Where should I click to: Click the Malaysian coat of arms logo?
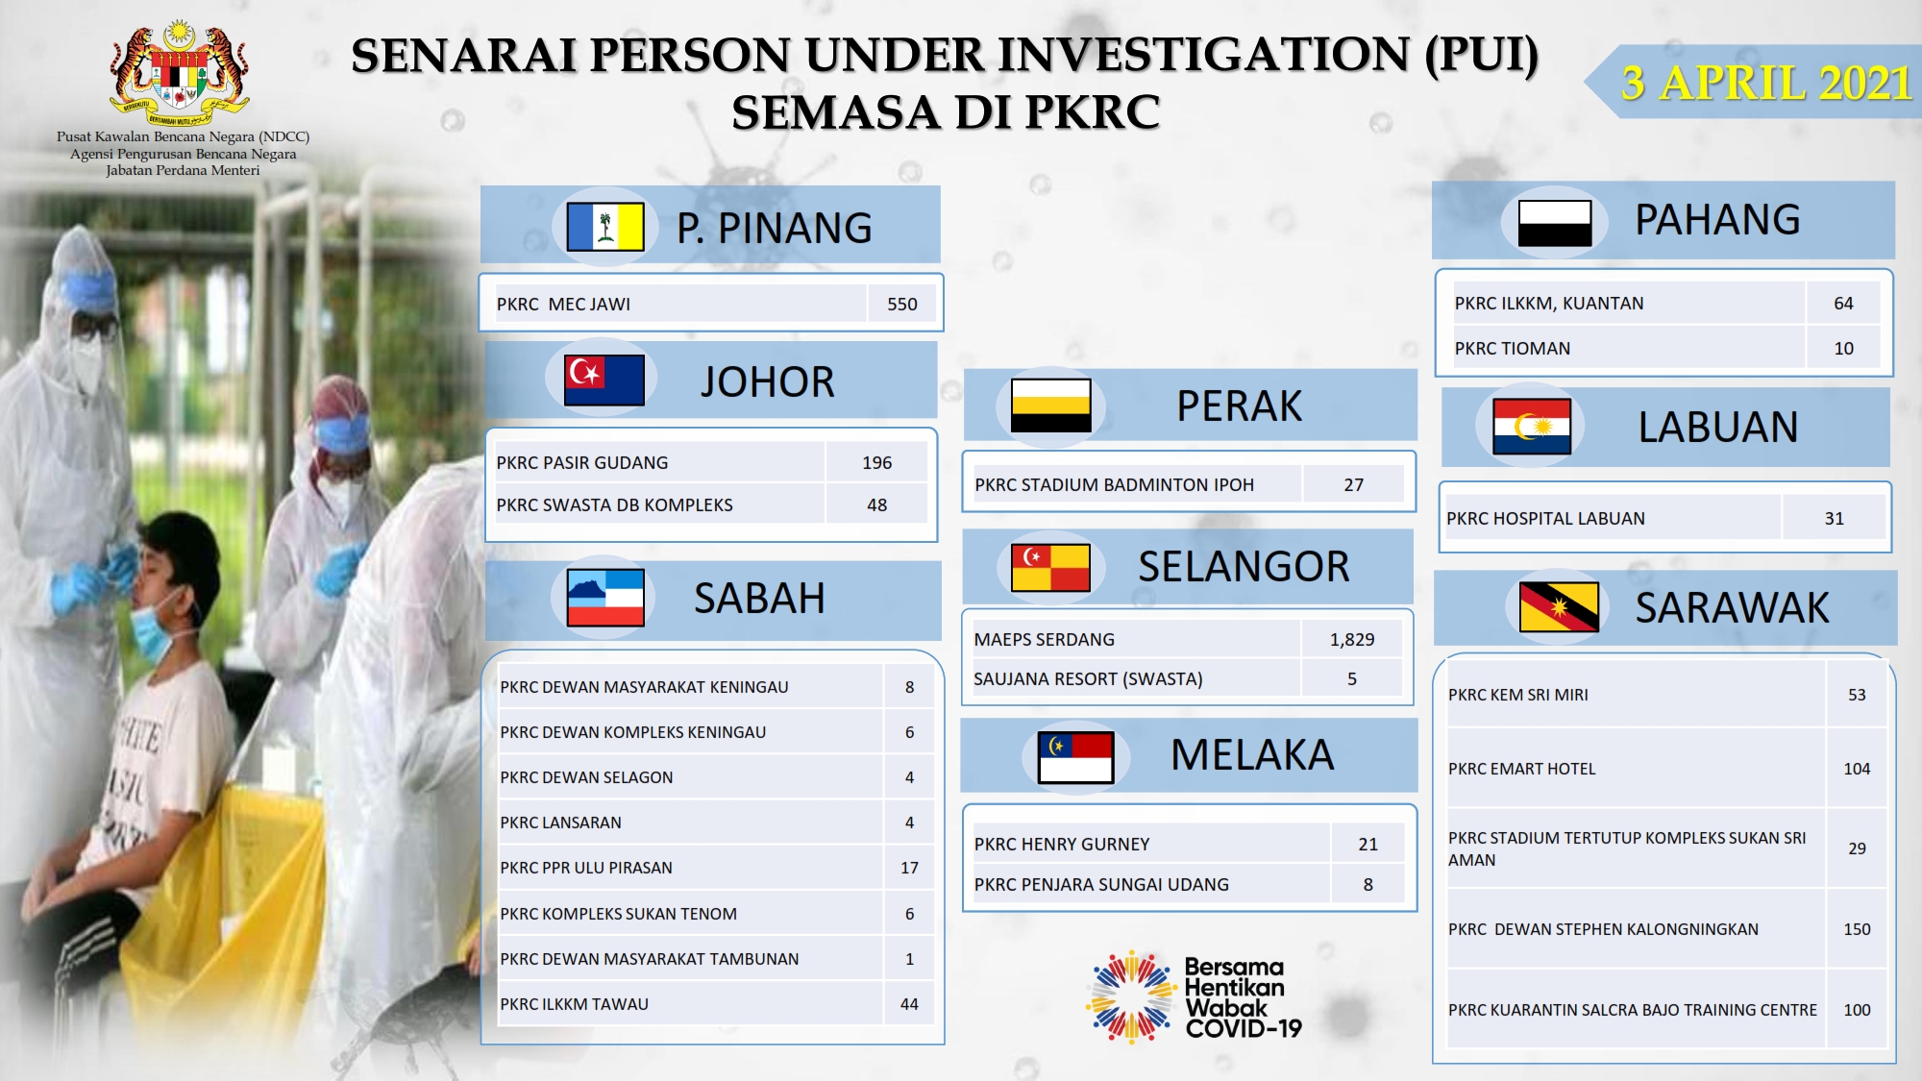point(180,73)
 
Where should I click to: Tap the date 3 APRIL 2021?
point(1766,84)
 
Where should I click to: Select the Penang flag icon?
point(605,227)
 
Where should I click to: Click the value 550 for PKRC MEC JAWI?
point(902,305)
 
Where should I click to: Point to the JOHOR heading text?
point(767,382)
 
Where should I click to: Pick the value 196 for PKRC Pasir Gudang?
point(877,463)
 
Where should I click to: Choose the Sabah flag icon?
point(605,598)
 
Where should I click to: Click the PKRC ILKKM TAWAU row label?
point(575,1004)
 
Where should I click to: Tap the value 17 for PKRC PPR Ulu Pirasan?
point(909,868)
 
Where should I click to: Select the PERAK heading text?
point(1240,406)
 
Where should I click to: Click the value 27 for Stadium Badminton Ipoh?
point(1354,485)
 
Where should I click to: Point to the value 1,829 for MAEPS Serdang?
point(1352,640)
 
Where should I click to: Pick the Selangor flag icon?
point(1050,567)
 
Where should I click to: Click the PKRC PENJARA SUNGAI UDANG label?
point(1101,885)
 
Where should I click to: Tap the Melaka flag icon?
point(1076,757)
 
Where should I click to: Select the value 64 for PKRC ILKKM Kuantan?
point(1843,304)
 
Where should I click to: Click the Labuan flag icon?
point(1532,427)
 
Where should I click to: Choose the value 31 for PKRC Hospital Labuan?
point(1835,519)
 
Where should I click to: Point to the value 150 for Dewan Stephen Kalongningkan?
point(1857,930)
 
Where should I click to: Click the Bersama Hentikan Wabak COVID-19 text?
point(1244,997)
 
